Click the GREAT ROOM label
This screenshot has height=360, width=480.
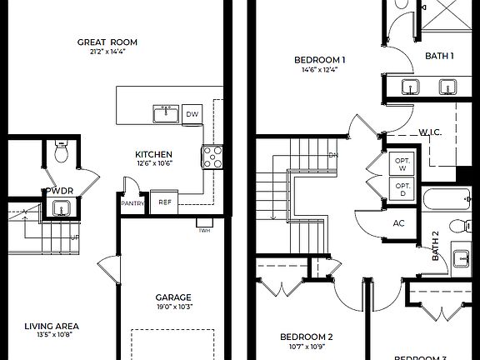coord(107,42)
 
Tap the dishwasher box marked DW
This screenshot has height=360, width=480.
coord(192,114)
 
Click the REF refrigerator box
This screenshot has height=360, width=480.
coord(165,202)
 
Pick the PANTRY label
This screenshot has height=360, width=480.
coord(132,203)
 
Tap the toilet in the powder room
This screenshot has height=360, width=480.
coord(62,152)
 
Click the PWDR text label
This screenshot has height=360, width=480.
coord(60,191)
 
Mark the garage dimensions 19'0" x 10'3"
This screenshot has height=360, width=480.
coord(173,307)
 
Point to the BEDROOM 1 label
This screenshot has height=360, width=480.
coord(320,60)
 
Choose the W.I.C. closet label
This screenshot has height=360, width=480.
coord(430,132)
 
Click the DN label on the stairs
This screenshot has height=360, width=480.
coord(332,155)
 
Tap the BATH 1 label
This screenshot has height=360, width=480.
coord(439,56)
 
